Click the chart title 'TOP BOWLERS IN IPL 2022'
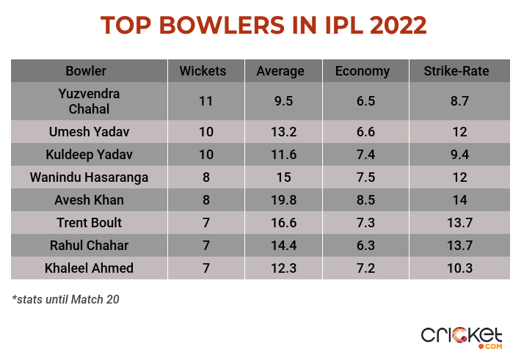pos(263,25)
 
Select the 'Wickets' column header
pos(203,71)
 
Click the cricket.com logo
pos(462,337)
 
